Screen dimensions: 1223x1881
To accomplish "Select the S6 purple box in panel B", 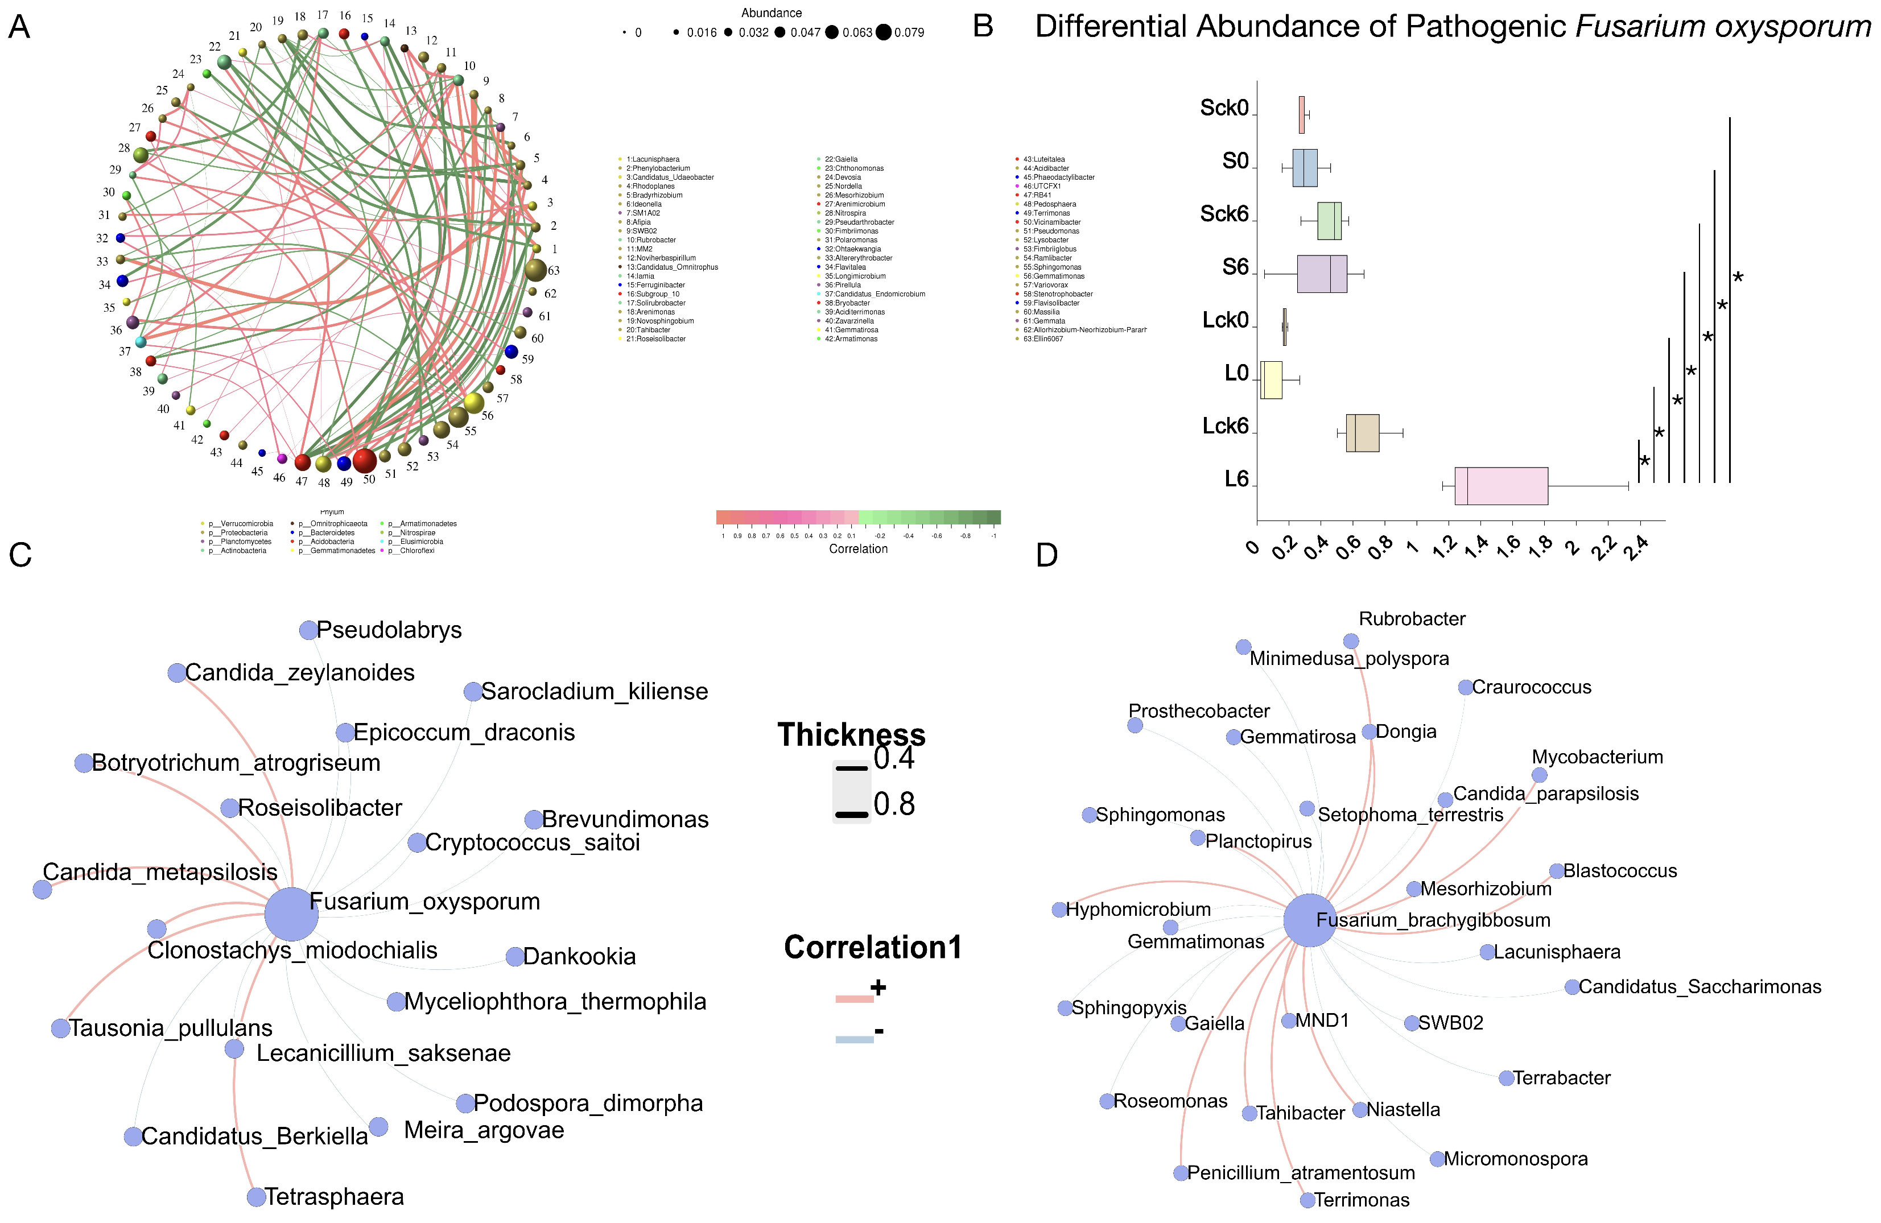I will [1322, 274].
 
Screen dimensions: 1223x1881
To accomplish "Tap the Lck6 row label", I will [1224, 426].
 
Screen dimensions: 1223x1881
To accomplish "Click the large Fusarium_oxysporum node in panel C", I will [291, 914].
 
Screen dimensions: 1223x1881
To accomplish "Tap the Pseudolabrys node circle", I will [308, 630].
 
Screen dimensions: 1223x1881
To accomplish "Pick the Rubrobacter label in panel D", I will [1412, 619].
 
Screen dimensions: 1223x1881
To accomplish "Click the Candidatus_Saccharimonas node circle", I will [1572, 987].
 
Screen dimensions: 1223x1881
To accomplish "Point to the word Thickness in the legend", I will [851, 735].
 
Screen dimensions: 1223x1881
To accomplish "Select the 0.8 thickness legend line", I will [851, 814].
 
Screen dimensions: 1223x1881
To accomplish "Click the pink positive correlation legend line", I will [855, 999].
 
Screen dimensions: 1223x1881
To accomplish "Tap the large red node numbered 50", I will [364, 460].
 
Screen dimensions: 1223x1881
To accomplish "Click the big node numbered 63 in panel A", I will [535, 270].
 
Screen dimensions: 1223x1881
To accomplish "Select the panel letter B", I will [983, 27].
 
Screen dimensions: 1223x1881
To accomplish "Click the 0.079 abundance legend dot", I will [883, 32].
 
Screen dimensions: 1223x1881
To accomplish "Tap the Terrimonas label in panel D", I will [1361, 1200].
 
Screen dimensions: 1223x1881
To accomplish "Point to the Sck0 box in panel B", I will [1301, 114].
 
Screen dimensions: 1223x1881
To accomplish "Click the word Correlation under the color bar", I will [857, 548].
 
